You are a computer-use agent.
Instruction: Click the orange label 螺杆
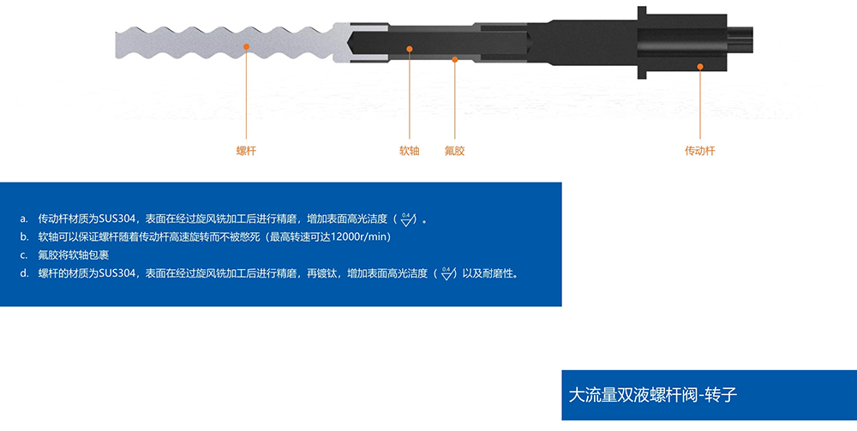(246, 151)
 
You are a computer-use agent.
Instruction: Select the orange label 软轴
(410, 151)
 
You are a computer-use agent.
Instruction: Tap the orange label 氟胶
(455, 151)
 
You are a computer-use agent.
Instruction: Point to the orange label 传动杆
(699, 151)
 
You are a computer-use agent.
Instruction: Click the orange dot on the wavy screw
(247, 47)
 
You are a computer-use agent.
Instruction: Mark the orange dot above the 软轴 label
(410, 49)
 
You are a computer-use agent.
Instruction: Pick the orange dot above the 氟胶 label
(455, 59)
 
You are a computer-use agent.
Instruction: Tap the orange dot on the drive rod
(700, 67)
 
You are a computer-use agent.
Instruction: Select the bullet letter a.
(24, 219)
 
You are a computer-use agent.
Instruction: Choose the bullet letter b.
(24, 237)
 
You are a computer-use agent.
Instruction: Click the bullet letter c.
(24, 255)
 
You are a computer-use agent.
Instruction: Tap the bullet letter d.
(24, 273)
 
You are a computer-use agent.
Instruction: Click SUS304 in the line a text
(117, 219)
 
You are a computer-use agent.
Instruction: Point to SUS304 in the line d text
(117, 273)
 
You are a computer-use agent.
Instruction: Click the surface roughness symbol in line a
(406, 219)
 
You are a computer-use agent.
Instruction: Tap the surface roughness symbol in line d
(447, 273)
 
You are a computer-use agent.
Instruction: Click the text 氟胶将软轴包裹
(73, 255)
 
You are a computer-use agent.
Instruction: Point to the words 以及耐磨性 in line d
(488, 273)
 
